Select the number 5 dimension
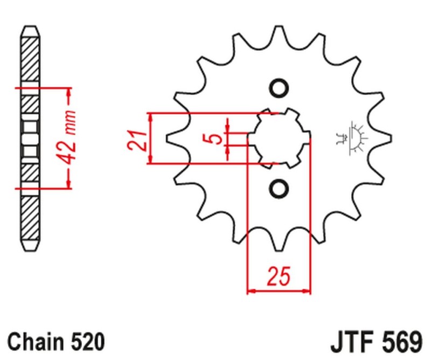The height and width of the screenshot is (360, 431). point(214,139)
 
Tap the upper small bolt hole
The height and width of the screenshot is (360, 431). point(279,88)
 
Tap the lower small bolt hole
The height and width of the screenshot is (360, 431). point(279,188)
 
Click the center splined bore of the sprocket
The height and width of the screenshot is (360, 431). point(279,139)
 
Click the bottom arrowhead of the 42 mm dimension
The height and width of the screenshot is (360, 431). point(68,183)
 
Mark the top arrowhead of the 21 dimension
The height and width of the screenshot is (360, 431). point(151,118)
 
